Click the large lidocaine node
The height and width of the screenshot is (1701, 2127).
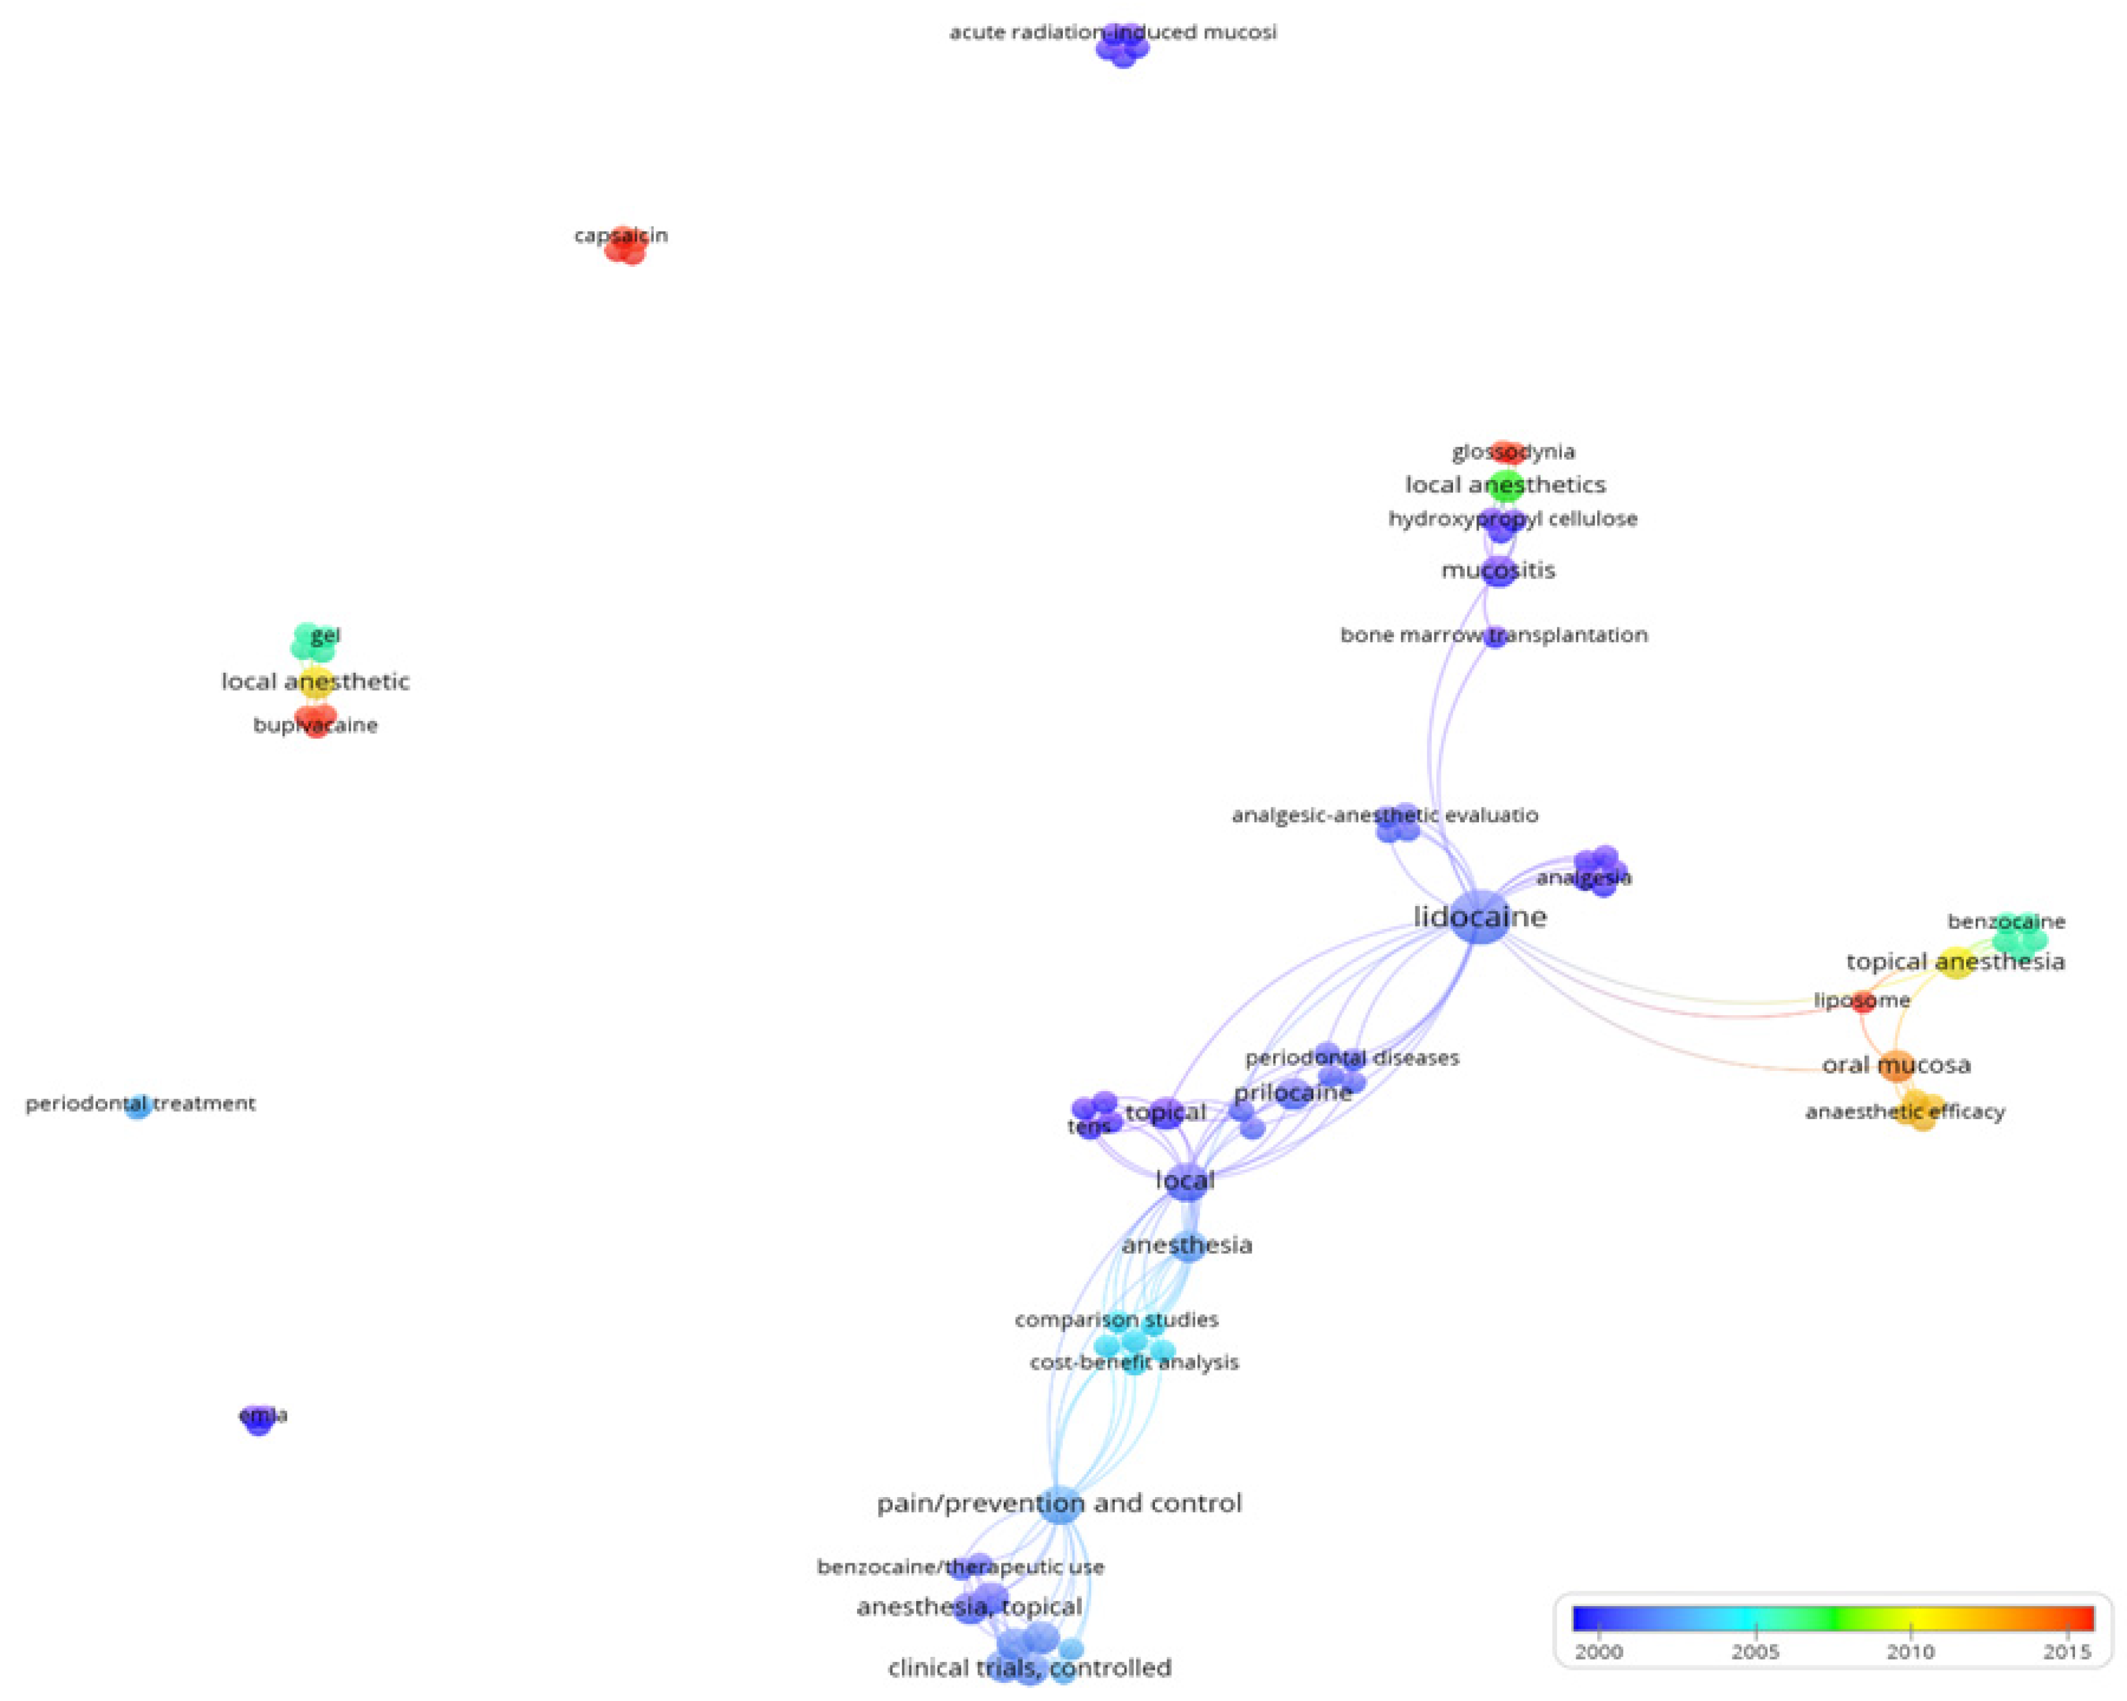1480,918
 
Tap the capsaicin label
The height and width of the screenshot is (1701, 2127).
621,236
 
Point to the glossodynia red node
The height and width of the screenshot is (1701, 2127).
1506,452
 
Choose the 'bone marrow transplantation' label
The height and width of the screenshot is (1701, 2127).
1493,635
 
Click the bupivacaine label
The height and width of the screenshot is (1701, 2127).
315,726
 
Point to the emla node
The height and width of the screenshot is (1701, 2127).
258,1418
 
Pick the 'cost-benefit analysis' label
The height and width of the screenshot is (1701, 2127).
1134,1363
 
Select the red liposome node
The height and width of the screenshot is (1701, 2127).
1861,1002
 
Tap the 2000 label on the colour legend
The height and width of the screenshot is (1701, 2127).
1598,1652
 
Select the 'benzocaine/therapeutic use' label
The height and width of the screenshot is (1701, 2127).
960,1567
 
